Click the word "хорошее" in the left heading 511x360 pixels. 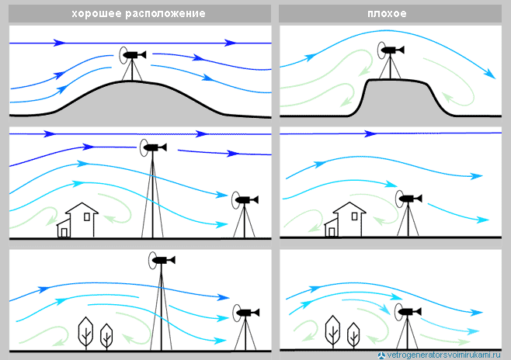[x=96, y=14]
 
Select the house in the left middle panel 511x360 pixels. [x=78, y=220]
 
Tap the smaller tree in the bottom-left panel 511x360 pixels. [x=106, y=335]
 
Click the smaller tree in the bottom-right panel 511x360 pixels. [x=354, y=334]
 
